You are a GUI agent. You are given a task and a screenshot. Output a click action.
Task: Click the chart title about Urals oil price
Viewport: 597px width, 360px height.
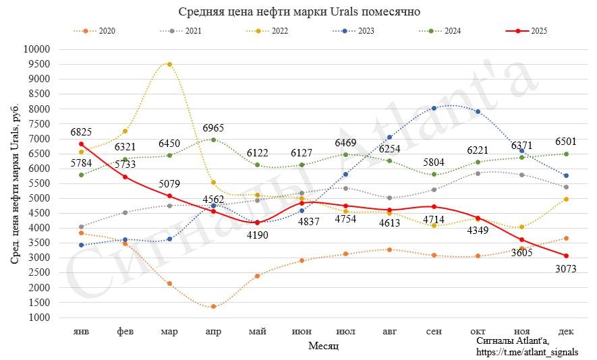click(299, 11)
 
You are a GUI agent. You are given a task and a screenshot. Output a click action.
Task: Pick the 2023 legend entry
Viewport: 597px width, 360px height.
click(356, 31)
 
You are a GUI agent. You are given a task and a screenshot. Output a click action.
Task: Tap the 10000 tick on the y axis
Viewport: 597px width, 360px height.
click(37, 49)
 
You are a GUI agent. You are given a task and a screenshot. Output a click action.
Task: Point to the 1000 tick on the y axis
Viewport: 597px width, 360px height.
click(40, 318)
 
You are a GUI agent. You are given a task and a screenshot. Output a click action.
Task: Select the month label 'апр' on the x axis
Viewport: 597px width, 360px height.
click(213, 332)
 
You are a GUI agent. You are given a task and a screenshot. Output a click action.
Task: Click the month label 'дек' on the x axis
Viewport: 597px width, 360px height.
click(566, 332)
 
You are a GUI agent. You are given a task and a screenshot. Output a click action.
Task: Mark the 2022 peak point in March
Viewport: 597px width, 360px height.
click(169, 64)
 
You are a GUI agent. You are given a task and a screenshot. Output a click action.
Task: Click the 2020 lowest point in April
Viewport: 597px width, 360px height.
click(213, 306)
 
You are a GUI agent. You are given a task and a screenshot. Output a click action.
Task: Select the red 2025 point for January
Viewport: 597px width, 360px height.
click(81, 144)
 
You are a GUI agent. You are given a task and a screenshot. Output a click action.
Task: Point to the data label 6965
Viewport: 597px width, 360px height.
click(213, 128)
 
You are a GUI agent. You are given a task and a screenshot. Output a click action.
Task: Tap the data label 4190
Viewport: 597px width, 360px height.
click(257, 235)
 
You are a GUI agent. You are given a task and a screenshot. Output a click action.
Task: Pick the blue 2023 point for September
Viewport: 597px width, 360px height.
click(434, 108)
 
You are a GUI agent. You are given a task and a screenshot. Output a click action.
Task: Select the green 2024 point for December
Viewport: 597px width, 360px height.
click(566, 154)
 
